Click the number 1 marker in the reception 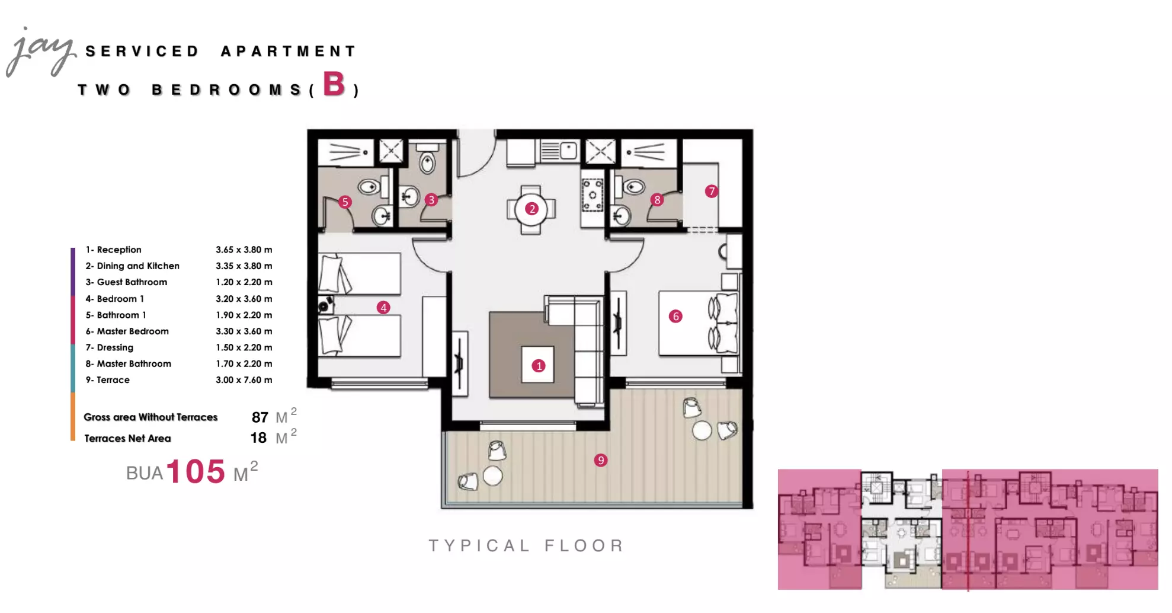point(539,366)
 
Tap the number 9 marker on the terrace point(601,460)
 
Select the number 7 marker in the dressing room point(711,191)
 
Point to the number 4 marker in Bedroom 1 point(383,308)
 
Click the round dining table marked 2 point(531,209)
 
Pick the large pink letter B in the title point(334,84)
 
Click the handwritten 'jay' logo point(40,52)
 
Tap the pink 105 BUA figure point(196,472)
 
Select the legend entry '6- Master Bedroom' point(127,331)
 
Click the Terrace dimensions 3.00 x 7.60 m point(244,380)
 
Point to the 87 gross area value point(260,417)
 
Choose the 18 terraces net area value point(258,438)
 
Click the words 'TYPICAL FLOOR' point(526,545)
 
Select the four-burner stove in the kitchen point(593,194)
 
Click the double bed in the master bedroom point(699,323)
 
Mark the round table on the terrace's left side point(492,475)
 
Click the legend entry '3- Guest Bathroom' point(126,282)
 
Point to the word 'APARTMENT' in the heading point(289,52)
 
